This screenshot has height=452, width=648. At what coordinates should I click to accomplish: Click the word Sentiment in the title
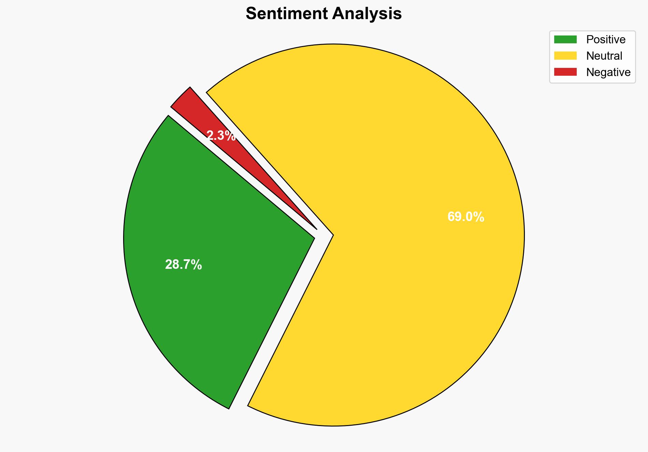287,14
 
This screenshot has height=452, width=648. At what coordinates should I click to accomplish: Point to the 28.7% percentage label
183,265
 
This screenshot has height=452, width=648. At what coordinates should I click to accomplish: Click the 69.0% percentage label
466,217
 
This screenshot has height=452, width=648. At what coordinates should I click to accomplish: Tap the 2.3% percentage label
221,136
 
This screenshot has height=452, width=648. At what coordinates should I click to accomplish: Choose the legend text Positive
606,40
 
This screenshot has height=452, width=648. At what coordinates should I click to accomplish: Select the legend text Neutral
604,56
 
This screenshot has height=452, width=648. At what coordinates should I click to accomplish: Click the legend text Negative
608,72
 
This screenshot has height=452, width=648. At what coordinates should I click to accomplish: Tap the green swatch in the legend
565,40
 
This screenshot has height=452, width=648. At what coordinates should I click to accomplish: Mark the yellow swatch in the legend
565,56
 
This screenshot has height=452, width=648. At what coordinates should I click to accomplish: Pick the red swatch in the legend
565,72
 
